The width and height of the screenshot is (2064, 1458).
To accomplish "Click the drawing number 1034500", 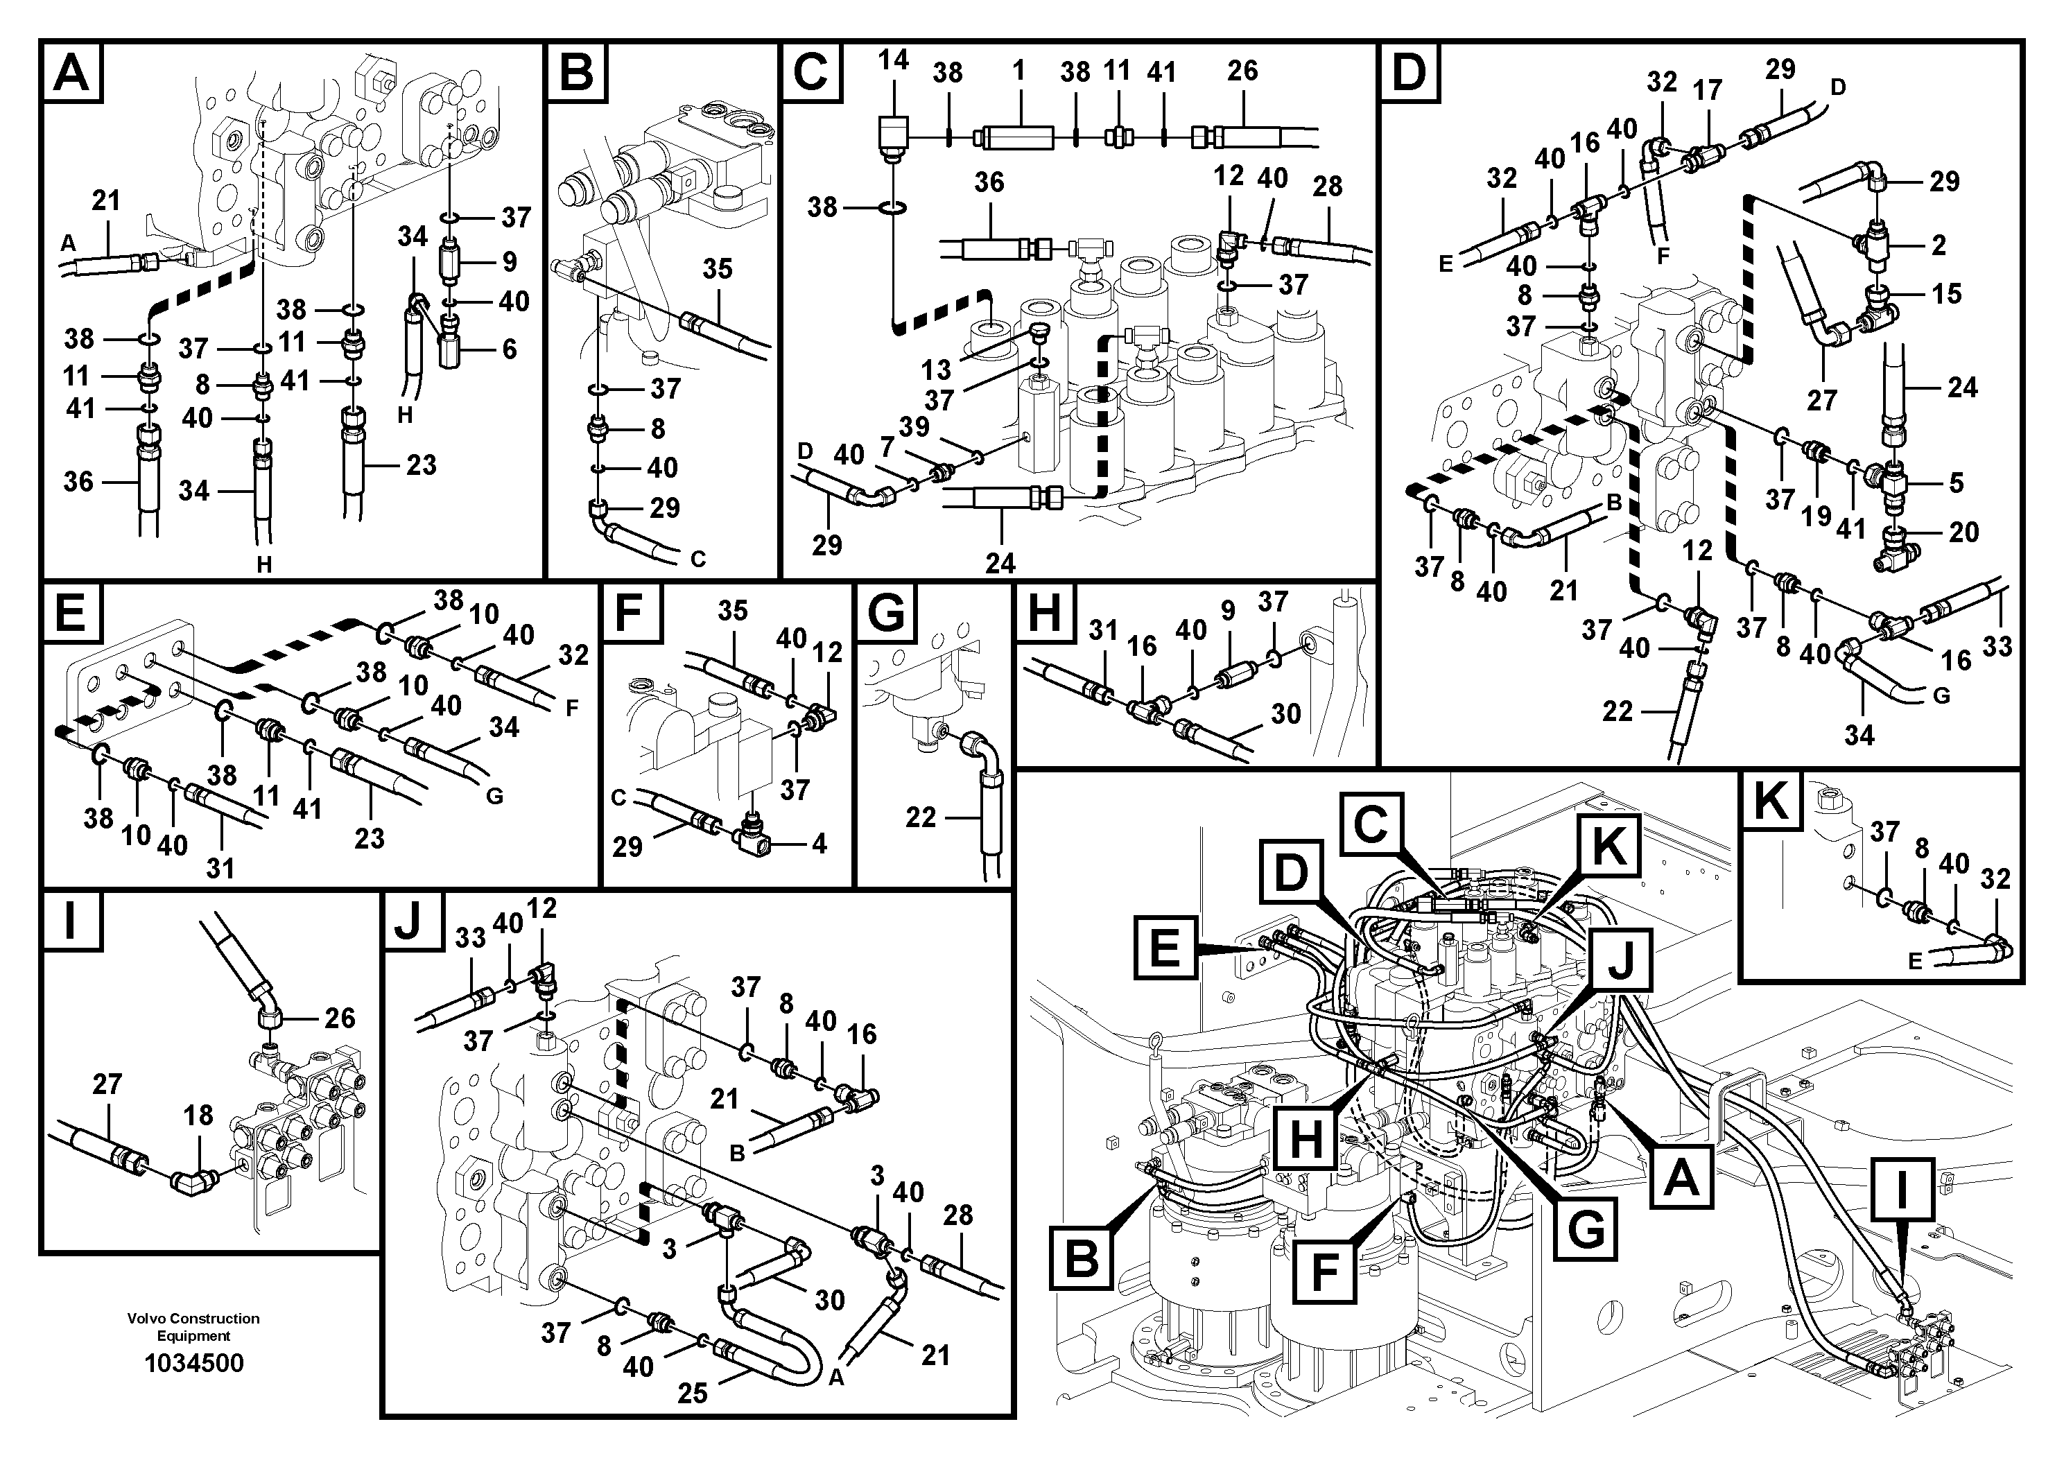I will click(194, 1364).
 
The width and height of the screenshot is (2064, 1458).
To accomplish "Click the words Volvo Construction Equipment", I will click(193, 1327).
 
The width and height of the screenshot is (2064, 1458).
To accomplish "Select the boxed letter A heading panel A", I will click(73, 73).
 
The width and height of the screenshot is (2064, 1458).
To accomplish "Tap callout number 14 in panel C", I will click(893, 60).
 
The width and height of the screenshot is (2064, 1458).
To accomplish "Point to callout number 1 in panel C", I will click(1018, 70).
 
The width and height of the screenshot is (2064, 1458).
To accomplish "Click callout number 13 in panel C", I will click(936, 369).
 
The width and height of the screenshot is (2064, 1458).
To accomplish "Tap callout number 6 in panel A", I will click(509, 349).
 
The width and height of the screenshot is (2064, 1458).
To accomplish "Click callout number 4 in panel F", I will click(819, 843).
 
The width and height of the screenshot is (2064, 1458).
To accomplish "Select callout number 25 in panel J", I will click(692, 1392).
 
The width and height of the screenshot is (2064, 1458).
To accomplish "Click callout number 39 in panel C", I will click(914, 426).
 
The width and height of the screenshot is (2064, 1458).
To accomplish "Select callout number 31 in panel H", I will click(1103, 631).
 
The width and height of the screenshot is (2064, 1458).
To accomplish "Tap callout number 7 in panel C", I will click(887, 446).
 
